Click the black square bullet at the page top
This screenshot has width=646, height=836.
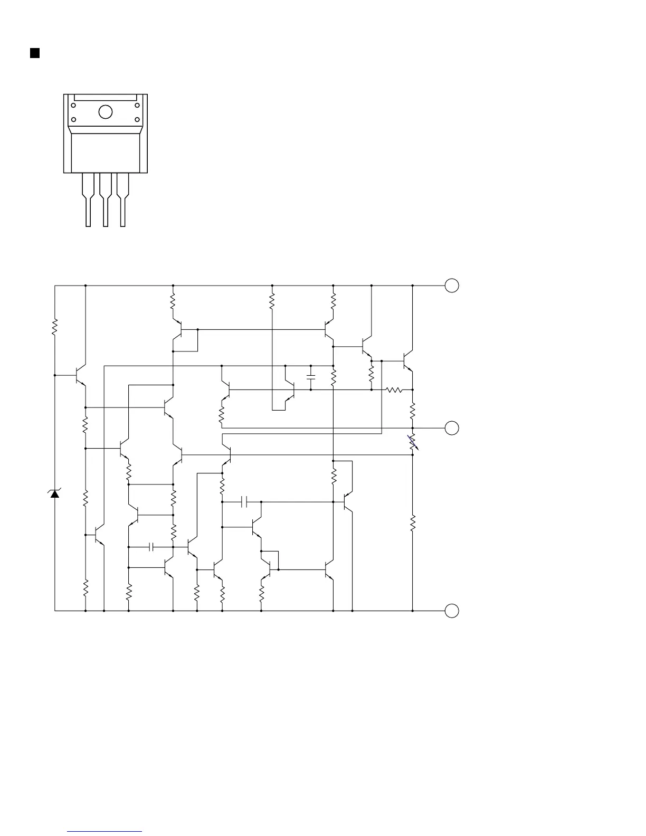click(x=35, y=53)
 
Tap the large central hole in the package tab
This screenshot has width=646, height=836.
click(x=106, y=112)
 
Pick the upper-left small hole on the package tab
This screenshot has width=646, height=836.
click(x=74, y=106)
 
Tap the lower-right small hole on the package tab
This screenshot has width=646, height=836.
click(x=137, y=119)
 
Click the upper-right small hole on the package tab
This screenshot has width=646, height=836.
click(x=137, y=106)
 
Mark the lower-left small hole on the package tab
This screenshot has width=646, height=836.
click(x=74, y=119)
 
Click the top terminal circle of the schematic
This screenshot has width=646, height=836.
click(x=452, y=286)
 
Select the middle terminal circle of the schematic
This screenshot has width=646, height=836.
click(x=452, y=428)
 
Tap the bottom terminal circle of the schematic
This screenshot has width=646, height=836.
click(x=452, y=611)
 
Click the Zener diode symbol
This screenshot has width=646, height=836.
click(x=54, y=494)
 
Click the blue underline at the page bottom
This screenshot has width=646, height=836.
click(x=104, y=832)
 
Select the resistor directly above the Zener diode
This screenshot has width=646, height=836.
click(x=54, y=326)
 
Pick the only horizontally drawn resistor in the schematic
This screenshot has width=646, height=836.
click(x=394, y=390)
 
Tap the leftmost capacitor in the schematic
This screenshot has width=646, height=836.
click(x=151, y=547)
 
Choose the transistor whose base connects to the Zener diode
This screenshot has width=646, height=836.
click(x=79, y=375)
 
